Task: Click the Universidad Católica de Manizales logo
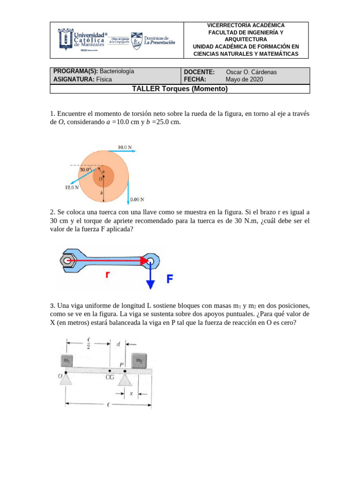coord(82,39)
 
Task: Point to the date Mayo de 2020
coord(244,79)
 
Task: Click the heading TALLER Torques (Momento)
coord(180,89)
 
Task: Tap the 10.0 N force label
coord(125,147)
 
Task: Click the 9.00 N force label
coord(137,199)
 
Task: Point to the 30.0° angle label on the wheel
coord(86,170)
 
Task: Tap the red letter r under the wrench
coord(108,275)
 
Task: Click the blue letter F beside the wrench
coord(170,279)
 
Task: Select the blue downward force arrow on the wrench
coord(150,277)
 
